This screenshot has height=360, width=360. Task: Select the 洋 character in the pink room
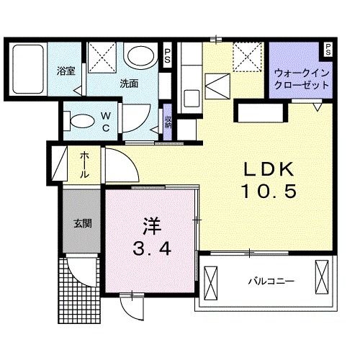pos(150,226)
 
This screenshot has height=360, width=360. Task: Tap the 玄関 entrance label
pos(79,223)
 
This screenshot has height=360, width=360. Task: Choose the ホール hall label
pos(84,164)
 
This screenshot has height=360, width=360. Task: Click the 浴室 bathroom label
pos(66,72)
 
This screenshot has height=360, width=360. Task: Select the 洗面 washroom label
pos(129,83)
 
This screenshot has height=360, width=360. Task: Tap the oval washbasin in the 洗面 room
pos(139,56)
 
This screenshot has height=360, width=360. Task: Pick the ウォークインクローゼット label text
pos(301,78)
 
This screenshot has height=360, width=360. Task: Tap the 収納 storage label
pos(168,122)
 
